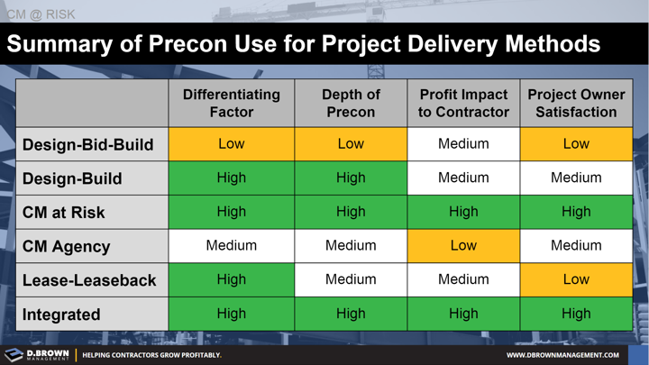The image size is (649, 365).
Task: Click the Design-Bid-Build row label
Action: [x=87, y=144]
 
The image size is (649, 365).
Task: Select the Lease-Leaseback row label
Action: [x=88, y=280]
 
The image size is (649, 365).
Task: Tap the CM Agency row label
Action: [x=66, y=246]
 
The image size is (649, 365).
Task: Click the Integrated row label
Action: [x=61, y=315]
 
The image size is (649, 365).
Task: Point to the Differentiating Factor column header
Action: [x=231, y=104]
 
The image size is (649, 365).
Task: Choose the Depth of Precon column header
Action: [x=351, y=104]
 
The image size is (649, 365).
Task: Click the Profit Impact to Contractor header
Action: [x=463, y=104]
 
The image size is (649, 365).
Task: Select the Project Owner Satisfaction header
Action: [x=576, y=104]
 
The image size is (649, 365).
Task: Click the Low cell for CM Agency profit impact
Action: [x=463, y=246]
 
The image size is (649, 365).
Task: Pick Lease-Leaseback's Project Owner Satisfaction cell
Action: [x=576, y=280]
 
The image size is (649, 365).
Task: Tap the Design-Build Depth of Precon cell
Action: [x=351, y=178]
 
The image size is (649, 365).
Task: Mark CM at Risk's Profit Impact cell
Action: [x=463, y=212]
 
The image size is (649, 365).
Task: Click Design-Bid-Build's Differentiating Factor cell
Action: [x=231, y=144]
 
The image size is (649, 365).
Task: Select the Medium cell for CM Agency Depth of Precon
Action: [x=351, y=246]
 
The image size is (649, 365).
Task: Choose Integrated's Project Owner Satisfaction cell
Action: [x=576, y=315]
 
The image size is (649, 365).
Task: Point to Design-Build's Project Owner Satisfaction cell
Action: [x=576, y=178]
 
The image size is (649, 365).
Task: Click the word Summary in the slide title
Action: [x=63, y=44]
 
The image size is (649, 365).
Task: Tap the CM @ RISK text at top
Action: [x=41, y=14]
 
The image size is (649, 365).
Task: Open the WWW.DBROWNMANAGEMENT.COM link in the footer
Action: [x=562, y=355]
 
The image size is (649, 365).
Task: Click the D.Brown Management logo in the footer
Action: [x=36, y=354]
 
